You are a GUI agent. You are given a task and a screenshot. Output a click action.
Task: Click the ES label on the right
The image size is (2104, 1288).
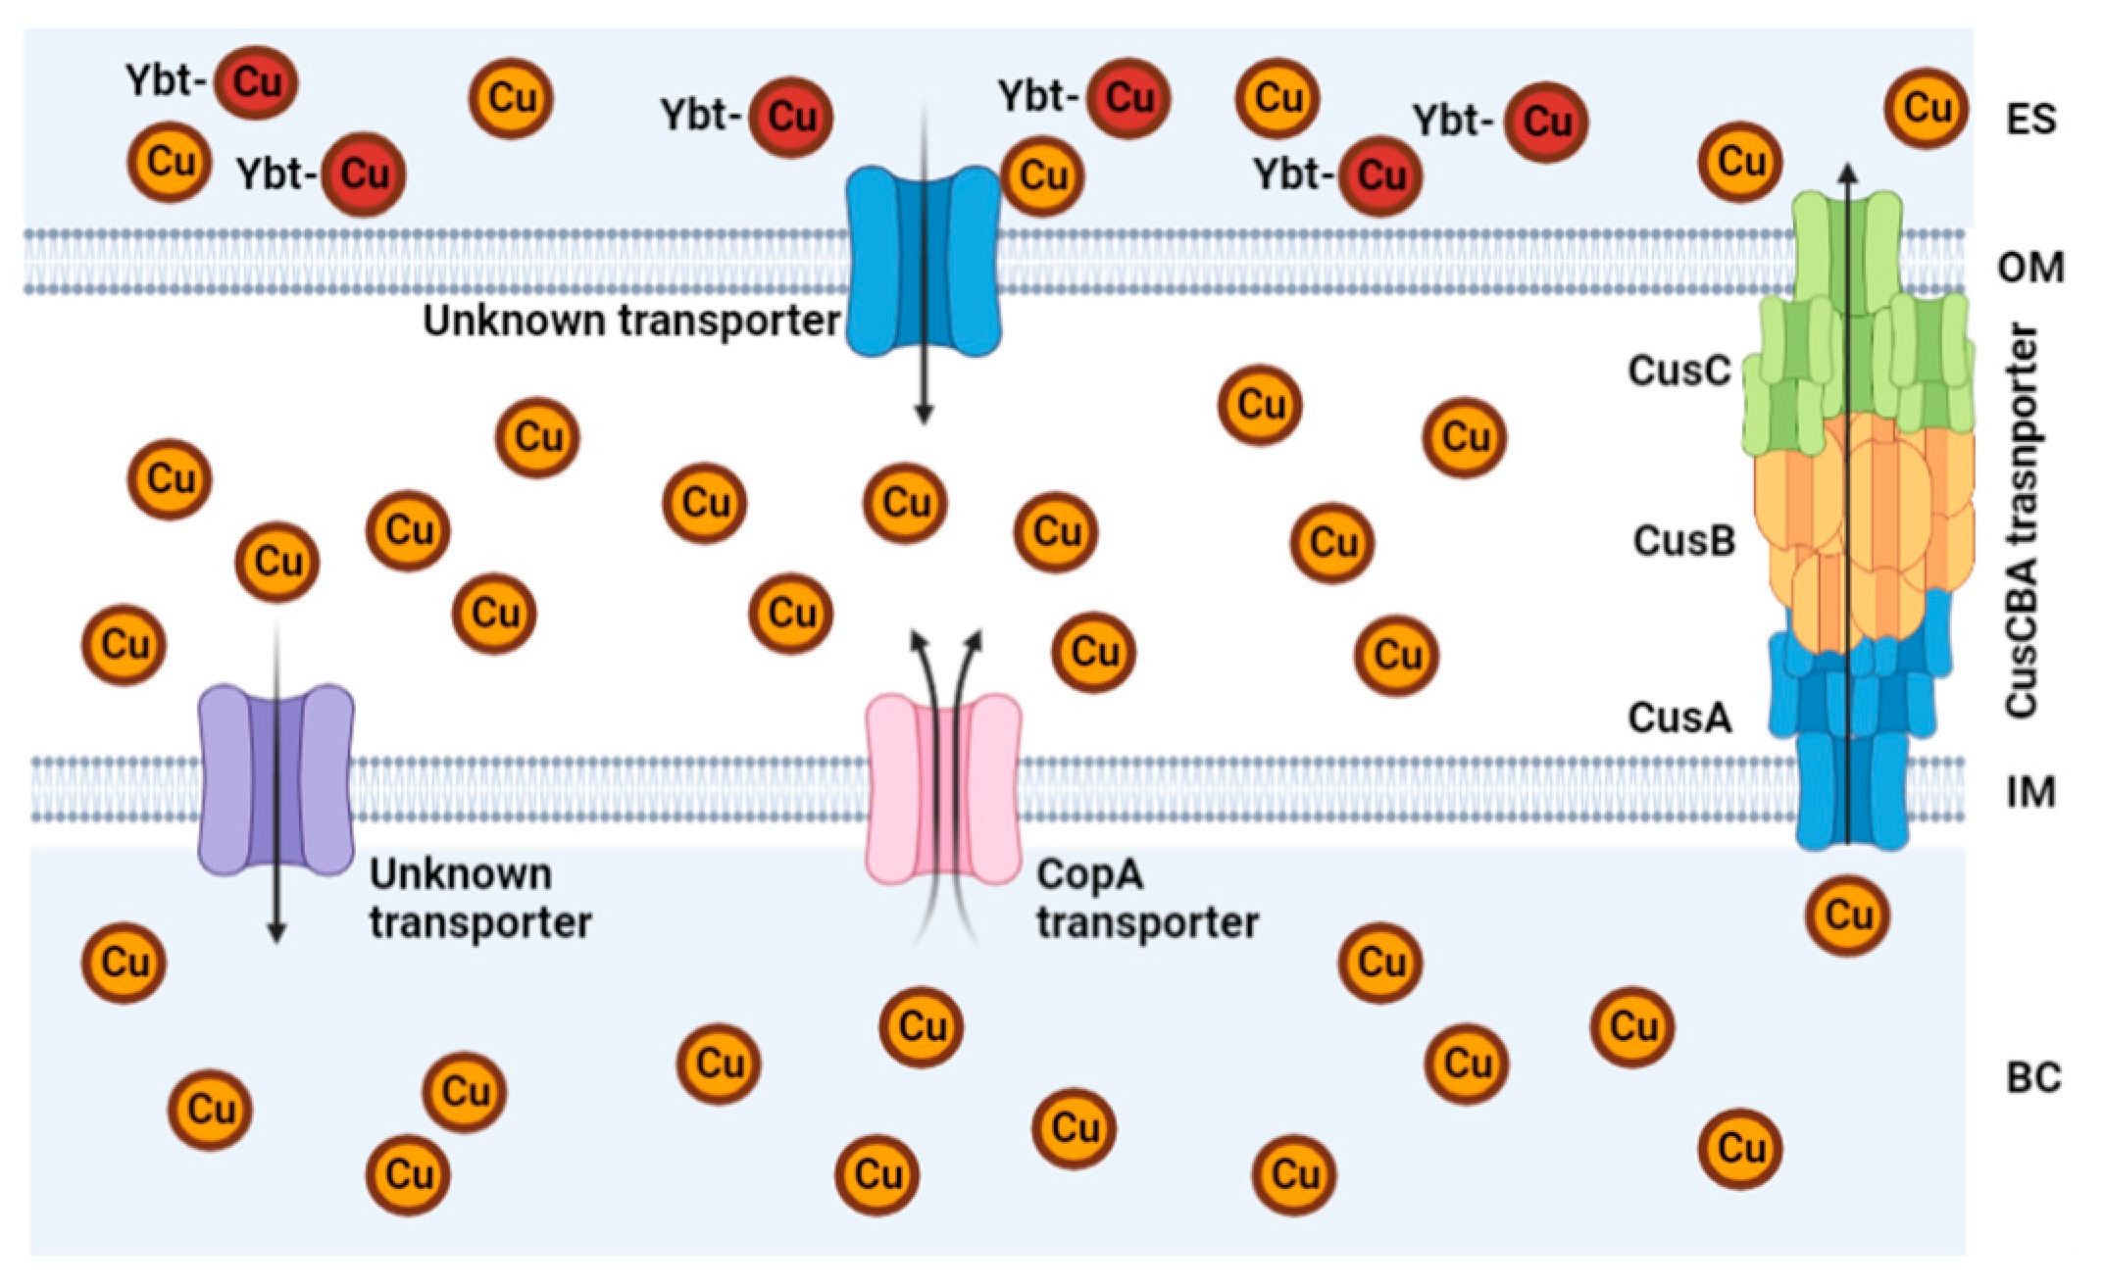2030,120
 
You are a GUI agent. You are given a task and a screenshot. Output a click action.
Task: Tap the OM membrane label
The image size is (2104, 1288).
2030,267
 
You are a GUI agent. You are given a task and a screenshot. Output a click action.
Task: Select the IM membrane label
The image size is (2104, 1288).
2030,792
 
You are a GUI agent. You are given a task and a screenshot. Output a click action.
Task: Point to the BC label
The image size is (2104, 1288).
2032,1078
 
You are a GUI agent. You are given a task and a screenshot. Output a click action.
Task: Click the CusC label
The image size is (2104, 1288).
1678,371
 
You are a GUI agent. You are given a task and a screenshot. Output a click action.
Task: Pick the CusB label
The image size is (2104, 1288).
1683,540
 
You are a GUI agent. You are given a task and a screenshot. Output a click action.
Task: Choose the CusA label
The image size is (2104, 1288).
1678,718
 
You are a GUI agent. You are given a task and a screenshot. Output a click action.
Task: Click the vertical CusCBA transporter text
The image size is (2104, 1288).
2023,520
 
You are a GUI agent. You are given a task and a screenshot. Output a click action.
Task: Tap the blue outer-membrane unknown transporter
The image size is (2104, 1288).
923,260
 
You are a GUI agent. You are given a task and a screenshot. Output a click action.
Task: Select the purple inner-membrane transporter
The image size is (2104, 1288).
276,779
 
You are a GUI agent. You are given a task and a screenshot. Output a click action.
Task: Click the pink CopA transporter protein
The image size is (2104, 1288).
943,789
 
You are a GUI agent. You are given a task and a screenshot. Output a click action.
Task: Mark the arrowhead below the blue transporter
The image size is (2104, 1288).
923,415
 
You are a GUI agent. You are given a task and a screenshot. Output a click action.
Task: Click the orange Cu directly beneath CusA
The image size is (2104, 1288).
1847,916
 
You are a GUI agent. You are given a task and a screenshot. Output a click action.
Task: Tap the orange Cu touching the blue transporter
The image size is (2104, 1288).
1042,176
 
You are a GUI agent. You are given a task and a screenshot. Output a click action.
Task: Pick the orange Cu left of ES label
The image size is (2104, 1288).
1926,108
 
